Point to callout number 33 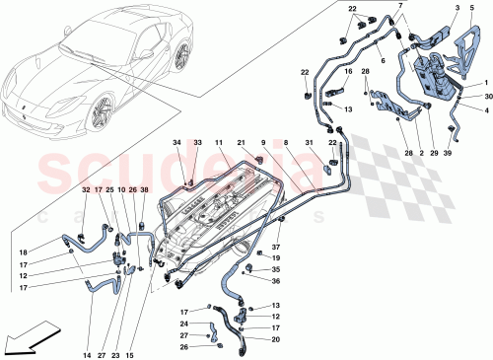pyautogui.click(x=197, y=144)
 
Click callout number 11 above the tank pyautogui.click(x=220, y=144)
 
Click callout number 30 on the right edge pyautogui.click(x=487, y=96)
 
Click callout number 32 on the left pyautogui.click(x=85, y=190)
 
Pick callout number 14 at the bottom pyautogui.click(x=88, y=326)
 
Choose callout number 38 pyautogui.click(x=144, y=190)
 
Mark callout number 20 pyautogui.click(x=275, y=339)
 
